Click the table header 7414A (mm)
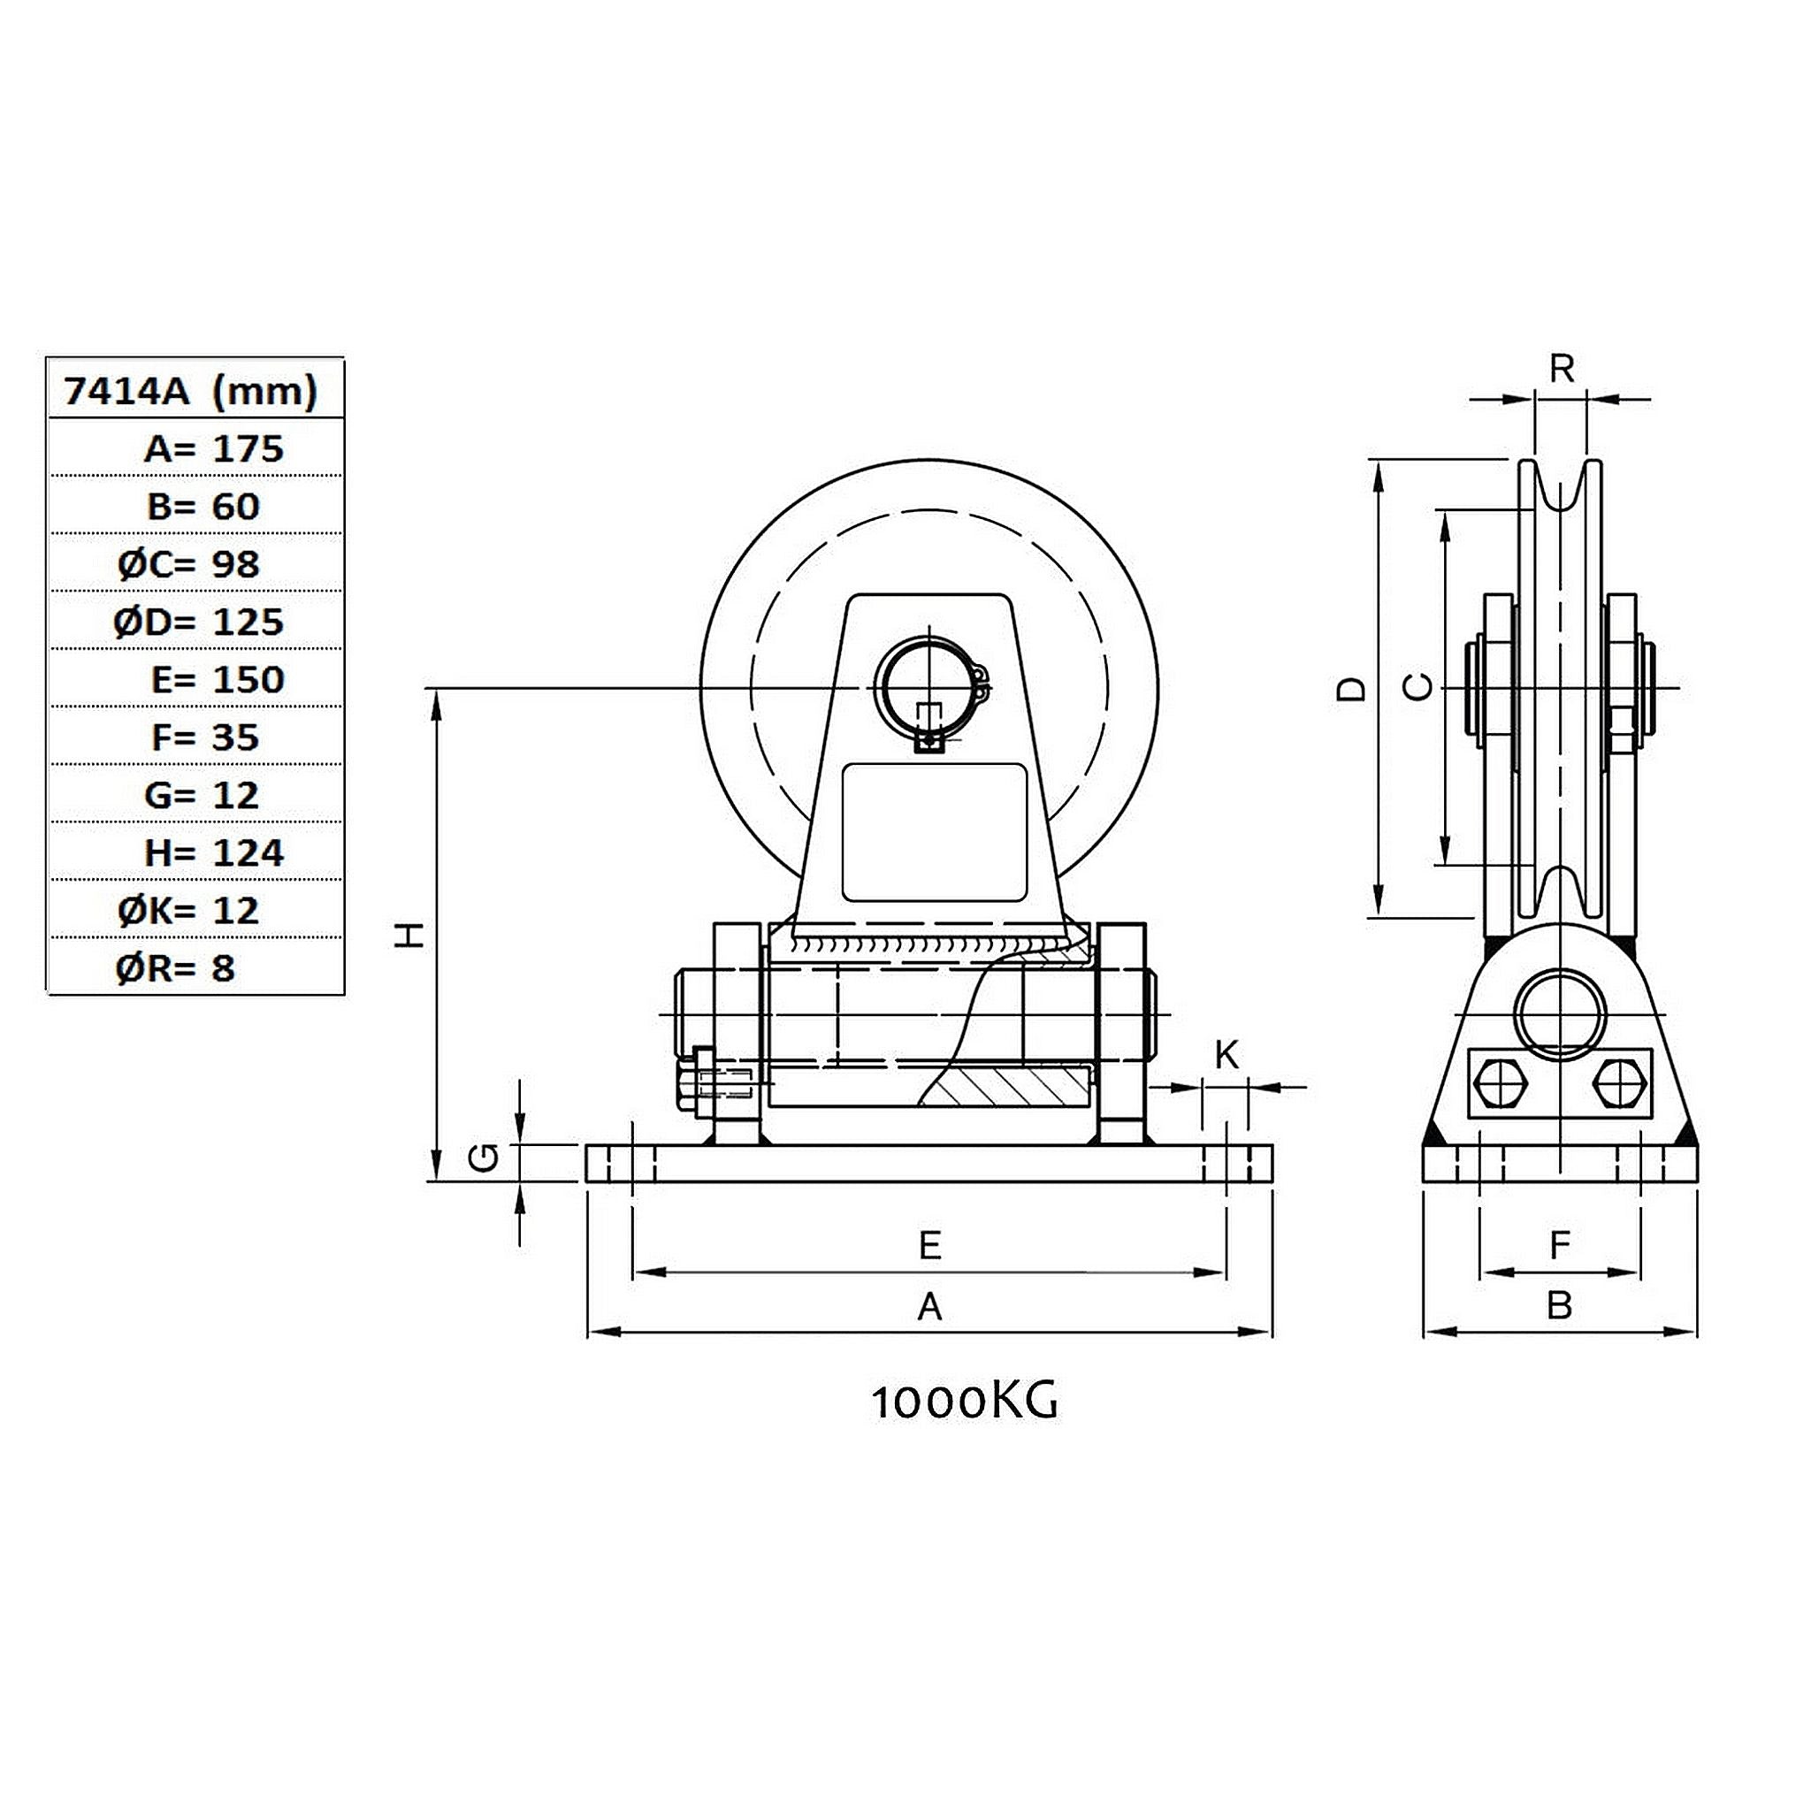(190, 390)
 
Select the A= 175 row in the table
(213, 449)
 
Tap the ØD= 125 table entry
(199, 622)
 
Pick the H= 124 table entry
(214, 853)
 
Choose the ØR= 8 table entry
(175, 968)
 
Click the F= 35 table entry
(205, 737)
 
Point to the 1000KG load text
(966, 1402)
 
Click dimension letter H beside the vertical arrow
(409, 935)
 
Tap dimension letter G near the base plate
(483, 1160)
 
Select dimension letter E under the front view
(929, 1246)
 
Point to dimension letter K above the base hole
(1227, 1056)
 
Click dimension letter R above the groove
(1562, 370)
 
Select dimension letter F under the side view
(1559, 1246)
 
